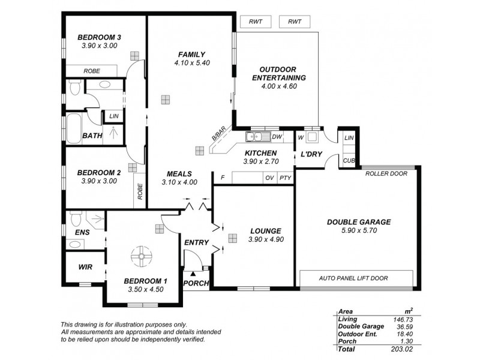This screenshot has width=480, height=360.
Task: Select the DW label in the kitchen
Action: coord(277,137)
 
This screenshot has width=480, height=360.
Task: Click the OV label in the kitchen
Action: coord(269,178)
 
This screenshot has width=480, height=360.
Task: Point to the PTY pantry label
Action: coord(285,178)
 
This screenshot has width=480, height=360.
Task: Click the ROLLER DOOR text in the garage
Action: coord(386,173)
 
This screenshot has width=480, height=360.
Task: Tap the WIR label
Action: coord(85,267)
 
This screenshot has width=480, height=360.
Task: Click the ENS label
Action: coord(82,232)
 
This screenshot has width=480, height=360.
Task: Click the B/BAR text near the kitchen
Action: coord(218,137)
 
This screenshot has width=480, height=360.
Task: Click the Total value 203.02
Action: coord(401,349)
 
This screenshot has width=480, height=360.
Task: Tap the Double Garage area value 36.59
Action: coord(401,326)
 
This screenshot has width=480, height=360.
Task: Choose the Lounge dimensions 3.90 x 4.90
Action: coord(265,239)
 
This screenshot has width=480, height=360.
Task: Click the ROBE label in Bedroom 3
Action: coord(92,71)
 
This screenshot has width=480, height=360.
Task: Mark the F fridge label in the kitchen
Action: coord(223,178)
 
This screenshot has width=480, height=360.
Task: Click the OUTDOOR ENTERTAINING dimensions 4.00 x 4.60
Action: coord(279,86)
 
